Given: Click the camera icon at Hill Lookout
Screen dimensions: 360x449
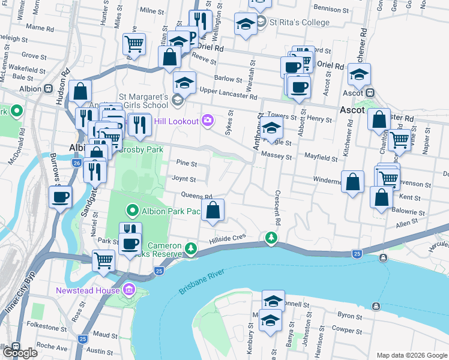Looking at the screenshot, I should (207, 121).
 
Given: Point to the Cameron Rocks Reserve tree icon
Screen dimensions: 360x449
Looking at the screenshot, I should (191, 248).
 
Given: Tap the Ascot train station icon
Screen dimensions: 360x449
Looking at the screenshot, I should (370, 93).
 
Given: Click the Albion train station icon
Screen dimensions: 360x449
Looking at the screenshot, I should (47, 89).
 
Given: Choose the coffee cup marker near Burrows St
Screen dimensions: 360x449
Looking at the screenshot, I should (61, 197).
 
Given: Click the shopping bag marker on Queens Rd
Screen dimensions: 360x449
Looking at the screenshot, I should (212, 210).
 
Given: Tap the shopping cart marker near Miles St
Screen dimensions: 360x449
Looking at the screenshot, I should (134, 43).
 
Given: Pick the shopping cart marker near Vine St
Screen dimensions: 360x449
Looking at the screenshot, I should (399, 140).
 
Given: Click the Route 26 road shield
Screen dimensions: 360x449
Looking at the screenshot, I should (76, 163).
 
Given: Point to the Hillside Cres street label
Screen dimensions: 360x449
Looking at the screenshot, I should (228, 238).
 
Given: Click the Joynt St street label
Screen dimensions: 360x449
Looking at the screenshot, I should (184, 179).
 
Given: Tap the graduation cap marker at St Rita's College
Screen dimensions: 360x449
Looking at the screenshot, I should (245, 25).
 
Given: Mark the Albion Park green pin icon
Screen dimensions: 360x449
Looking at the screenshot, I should (132, 211).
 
